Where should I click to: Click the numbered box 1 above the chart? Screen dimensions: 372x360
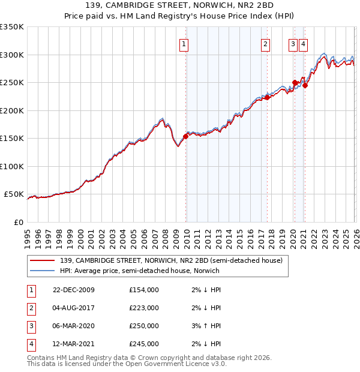click(x=183, y=43)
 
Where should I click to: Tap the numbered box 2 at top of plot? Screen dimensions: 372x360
click(x=265, y=43)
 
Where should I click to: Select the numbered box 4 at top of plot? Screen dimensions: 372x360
click(x=304, y=43)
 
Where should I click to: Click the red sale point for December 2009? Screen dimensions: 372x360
click(x=186, y=136)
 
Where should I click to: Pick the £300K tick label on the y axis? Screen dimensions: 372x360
click(x=12, y=55)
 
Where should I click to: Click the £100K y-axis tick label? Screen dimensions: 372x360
click(x=12, y=166)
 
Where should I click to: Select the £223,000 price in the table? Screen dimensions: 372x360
click(x=144, y=308)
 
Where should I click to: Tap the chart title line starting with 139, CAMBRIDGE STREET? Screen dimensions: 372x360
click(x=180, y=7)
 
